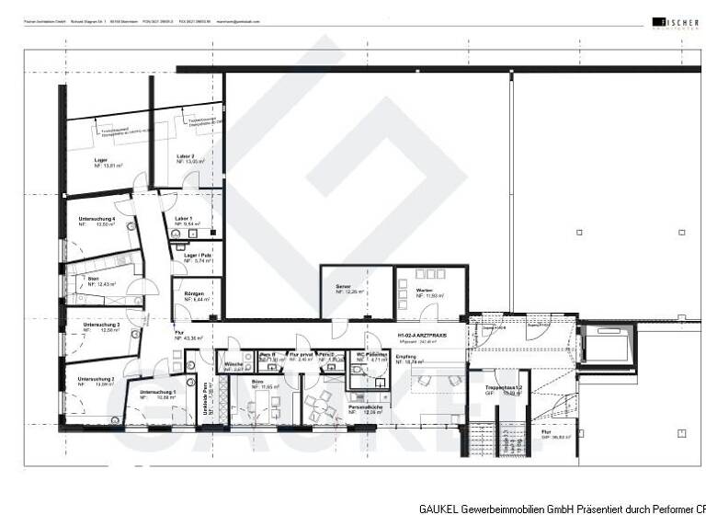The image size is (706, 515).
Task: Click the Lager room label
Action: [101, 160]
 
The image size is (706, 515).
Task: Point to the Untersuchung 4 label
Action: [97, 218]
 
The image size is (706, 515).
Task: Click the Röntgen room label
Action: [193, 293]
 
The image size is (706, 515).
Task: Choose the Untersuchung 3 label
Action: [101, 325]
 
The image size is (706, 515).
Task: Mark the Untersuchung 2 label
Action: [97, 378]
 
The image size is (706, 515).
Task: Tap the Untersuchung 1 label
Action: [157, 393]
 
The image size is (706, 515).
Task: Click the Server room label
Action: [343, 288]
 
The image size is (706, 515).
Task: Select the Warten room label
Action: [424, 290]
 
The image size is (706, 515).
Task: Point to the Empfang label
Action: [405, 356]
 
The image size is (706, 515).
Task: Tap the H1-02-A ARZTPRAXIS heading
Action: [422, 336]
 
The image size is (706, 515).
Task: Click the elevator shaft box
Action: [606, 348]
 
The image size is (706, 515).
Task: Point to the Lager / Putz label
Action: [198, 257]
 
